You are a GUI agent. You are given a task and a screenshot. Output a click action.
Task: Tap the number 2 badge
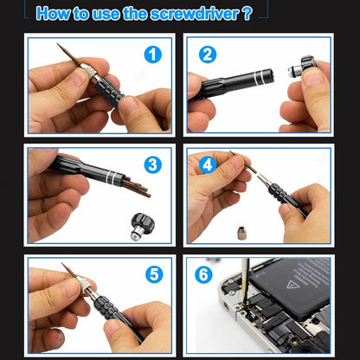click(207, 55)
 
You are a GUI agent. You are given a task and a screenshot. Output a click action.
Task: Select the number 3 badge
click(152, 165)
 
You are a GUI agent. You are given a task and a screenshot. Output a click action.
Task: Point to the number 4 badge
click(207, 164)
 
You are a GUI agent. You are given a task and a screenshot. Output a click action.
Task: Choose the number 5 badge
click(152, 275)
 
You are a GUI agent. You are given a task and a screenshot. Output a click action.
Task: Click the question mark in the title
click(247, 13)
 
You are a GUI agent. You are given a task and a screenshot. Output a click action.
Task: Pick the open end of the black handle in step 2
click(273, 75)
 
